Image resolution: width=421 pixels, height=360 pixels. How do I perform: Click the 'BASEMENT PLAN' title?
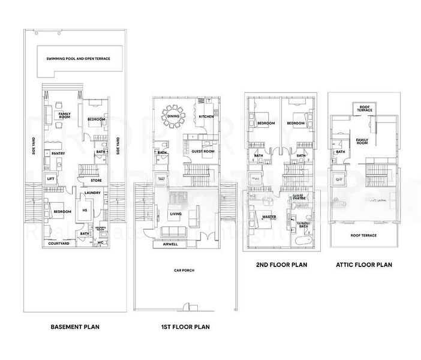(75, 327)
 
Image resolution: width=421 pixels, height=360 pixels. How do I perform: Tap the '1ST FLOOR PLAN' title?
(185, 327)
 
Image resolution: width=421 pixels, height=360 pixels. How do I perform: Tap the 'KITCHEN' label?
(206, 116)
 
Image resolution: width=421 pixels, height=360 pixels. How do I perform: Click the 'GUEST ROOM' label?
(203, 152)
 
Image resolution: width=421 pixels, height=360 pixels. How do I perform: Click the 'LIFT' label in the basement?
(50, 179)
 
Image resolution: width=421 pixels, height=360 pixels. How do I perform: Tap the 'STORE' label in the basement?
(96, 179)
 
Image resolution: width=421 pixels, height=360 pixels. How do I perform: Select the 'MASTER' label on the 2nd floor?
(269, 217)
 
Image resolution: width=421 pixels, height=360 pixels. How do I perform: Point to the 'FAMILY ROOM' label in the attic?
(362, 142)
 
